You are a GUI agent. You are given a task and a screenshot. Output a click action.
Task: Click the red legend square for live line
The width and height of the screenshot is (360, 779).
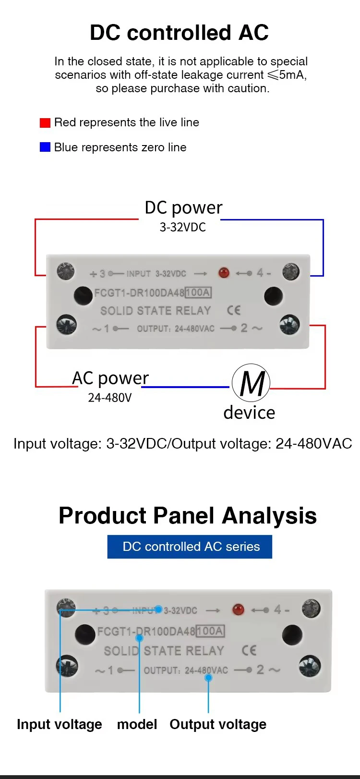coord(45,123)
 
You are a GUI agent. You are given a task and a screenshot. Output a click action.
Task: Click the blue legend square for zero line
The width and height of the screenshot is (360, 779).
coord(45,147)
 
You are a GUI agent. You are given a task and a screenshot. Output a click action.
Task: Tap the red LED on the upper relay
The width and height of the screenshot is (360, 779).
coord(224,273)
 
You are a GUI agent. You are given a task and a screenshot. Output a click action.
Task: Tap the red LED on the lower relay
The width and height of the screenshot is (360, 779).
coord(238,609)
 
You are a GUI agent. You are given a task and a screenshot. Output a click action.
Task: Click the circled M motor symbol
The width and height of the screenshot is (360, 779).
coord(251,383)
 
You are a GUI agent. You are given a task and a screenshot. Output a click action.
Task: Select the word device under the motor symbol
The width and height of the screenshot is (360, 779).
coord(249,413)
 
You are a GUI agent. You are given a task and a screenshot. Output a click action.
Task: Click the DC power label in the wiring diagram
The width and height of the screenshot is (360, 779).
coord(183,208)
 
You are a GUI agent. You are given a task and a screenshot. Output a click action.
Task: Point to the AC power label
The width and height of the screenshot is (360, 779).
coord(110,378)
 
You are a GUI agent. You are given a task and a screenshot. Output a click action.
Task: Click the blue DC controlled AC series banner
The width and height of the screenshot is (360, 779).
coord(190,547)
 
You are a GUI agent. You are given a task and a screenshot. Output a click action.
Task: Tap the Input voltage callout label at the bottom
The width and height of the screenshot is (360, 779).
coord(60,725)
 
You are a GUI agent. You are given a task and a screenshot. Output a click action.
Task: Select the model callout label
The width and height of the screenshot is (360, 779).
coord(137,724)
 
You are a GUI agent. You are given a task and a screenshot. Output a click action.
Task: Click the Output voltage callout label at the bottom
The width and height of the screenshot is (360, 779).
coord(218,725)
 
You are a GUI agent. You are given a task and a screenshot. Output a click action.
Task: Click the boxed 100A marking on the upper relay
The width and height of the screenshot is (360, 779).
coord(198,292)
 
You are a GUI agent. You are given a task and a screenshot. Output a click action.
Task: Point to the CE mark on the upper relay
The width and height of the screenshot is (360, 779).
coord(233,310)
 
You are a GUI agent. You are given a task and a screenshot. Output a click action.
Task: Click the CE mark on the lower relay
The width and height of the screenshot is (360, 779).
coord(249,650)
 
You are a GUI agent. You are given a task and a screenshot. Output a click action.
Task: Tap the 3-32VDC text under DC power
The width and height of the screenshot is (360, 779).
coord(183,228)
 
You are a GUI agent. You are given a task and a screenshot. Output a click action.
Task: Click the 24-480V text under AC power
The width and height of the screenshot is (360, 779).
coord(110,398)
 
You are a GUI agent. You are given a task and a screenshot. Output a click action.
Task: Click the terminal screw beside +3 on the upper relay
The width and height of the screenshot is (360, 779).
coord(66,271)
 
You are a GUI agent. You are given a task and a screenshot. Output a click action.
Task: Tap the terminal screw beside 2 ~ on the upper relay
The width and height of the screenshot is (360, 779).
coord(289,325)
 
